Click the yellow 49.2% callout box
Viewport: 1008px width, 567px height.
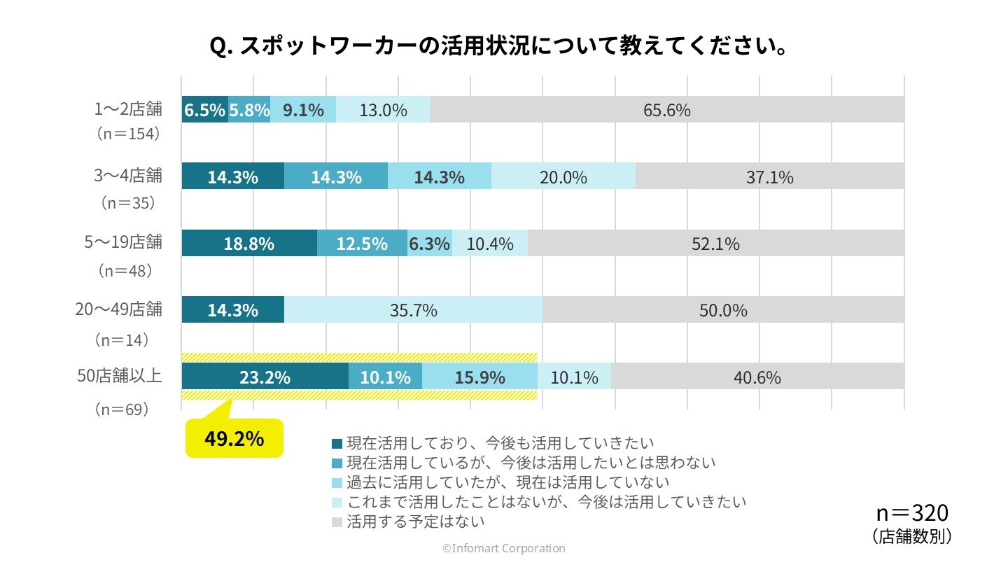click(234, 439)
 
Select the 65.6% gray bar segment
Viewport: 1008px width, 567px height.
click(666, 110)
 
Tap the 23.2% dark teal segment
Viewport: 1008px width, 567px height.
click(265, 377)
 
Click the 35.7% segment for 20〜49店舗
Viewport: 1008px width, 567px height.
click(413, 310)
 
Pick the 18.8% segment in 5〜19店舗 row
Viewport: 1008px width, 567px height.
click(248, 244)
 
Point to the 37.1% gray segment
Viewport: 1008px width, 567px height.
click(769, 177)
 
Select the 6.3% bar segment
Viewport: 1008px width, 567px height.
click(429, 244)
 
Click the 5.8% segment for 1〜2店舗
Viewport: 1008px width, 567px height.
click(248, 110)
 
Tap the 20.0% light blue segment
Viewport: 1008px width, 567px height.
click(563, 177)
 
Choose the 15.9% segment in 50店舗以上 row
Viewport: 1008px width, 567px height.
click(479, 377)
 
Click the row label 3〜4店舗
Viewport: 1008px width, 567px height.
click(129, 176)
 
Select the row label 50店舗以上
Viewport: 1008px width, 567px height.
click(120, 376)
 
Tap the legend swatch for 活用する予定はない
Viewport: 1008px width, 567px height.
click(337, 522)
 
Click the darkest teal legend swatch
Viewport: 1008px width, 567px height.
click(337, 443)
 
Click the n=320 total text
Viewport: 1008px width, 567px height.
click(912, 513)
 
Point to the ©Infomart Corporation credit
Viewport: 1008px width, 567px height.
click(503, 548)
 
